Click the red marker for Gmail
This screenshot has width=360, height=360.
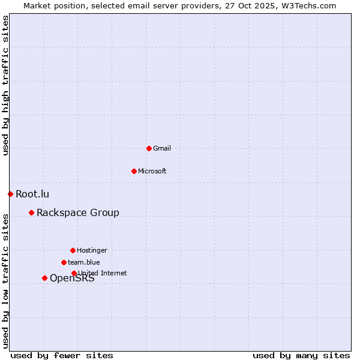pos(149,148)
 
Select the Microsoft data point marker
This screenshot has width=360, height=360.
pos(134,171)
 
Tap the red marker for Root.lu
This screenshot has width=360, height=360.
pos(10,194)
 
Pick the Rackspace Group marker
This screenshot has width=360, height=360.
pos(31,212)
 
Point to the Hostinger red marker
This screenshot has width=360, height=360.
pos(73,250)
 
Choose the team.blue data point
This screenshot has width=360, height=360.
pos(64,262)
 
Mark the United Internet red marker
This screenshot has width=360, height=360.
pos(74,273)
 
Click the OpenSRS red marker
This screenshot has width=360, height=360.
pos(44,278)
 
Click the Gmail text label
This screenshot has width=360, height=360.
pos(162,148)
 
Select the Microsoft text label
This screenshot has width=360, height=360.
pos(152,171)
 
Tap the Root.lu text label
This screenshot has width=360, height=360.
pos(32,194)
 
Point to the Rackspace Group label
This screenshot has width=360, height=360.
pos(78,212)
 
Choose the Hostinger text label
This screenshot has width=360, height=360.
pos(92,250)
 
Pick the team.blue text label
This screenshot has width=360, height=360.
pos(84,262)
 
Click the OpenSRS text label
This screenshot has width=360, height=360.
pos(72,278)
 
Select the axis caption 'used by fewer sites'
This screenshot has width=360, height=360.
pos(62,355)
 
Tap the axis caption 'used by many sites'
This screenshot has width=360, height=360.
pos(301,355)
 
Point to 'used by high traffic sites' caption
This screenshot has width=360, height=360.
pos(5,85)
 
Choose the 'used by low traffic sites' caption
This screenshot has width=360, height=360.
pos(5,280)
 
